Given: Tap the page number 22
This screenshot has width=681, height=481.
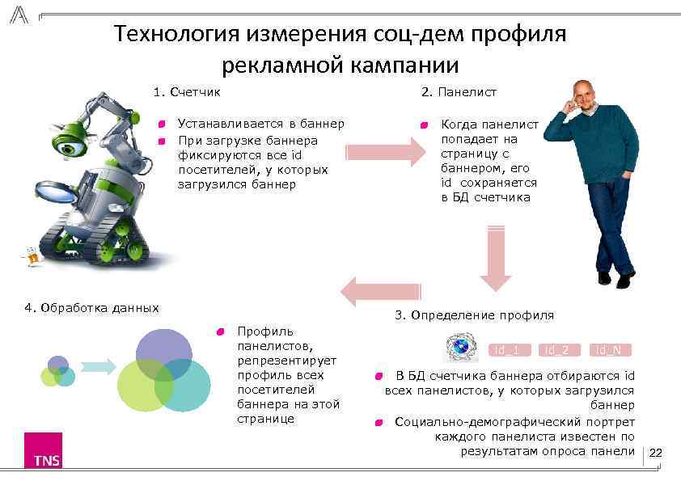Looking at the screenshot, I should (656, 454).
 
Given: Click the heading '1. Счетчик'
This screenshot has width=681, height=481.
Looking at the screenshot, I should (187, 92).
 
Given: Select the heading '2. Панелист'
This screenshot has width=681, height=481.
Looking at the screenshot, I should (459, 92).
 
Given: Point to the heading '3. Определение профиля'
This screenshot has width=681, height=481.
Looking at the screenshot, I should (474, 314).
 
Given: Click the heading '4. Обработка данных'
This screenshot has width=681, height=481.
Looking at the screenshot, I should (91, 307).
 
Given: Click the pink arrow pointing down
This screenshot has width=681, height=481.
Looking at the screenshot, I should (494, 258).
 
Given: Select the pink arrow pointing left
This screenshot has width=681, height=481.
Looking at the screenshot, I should (381, 290).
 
